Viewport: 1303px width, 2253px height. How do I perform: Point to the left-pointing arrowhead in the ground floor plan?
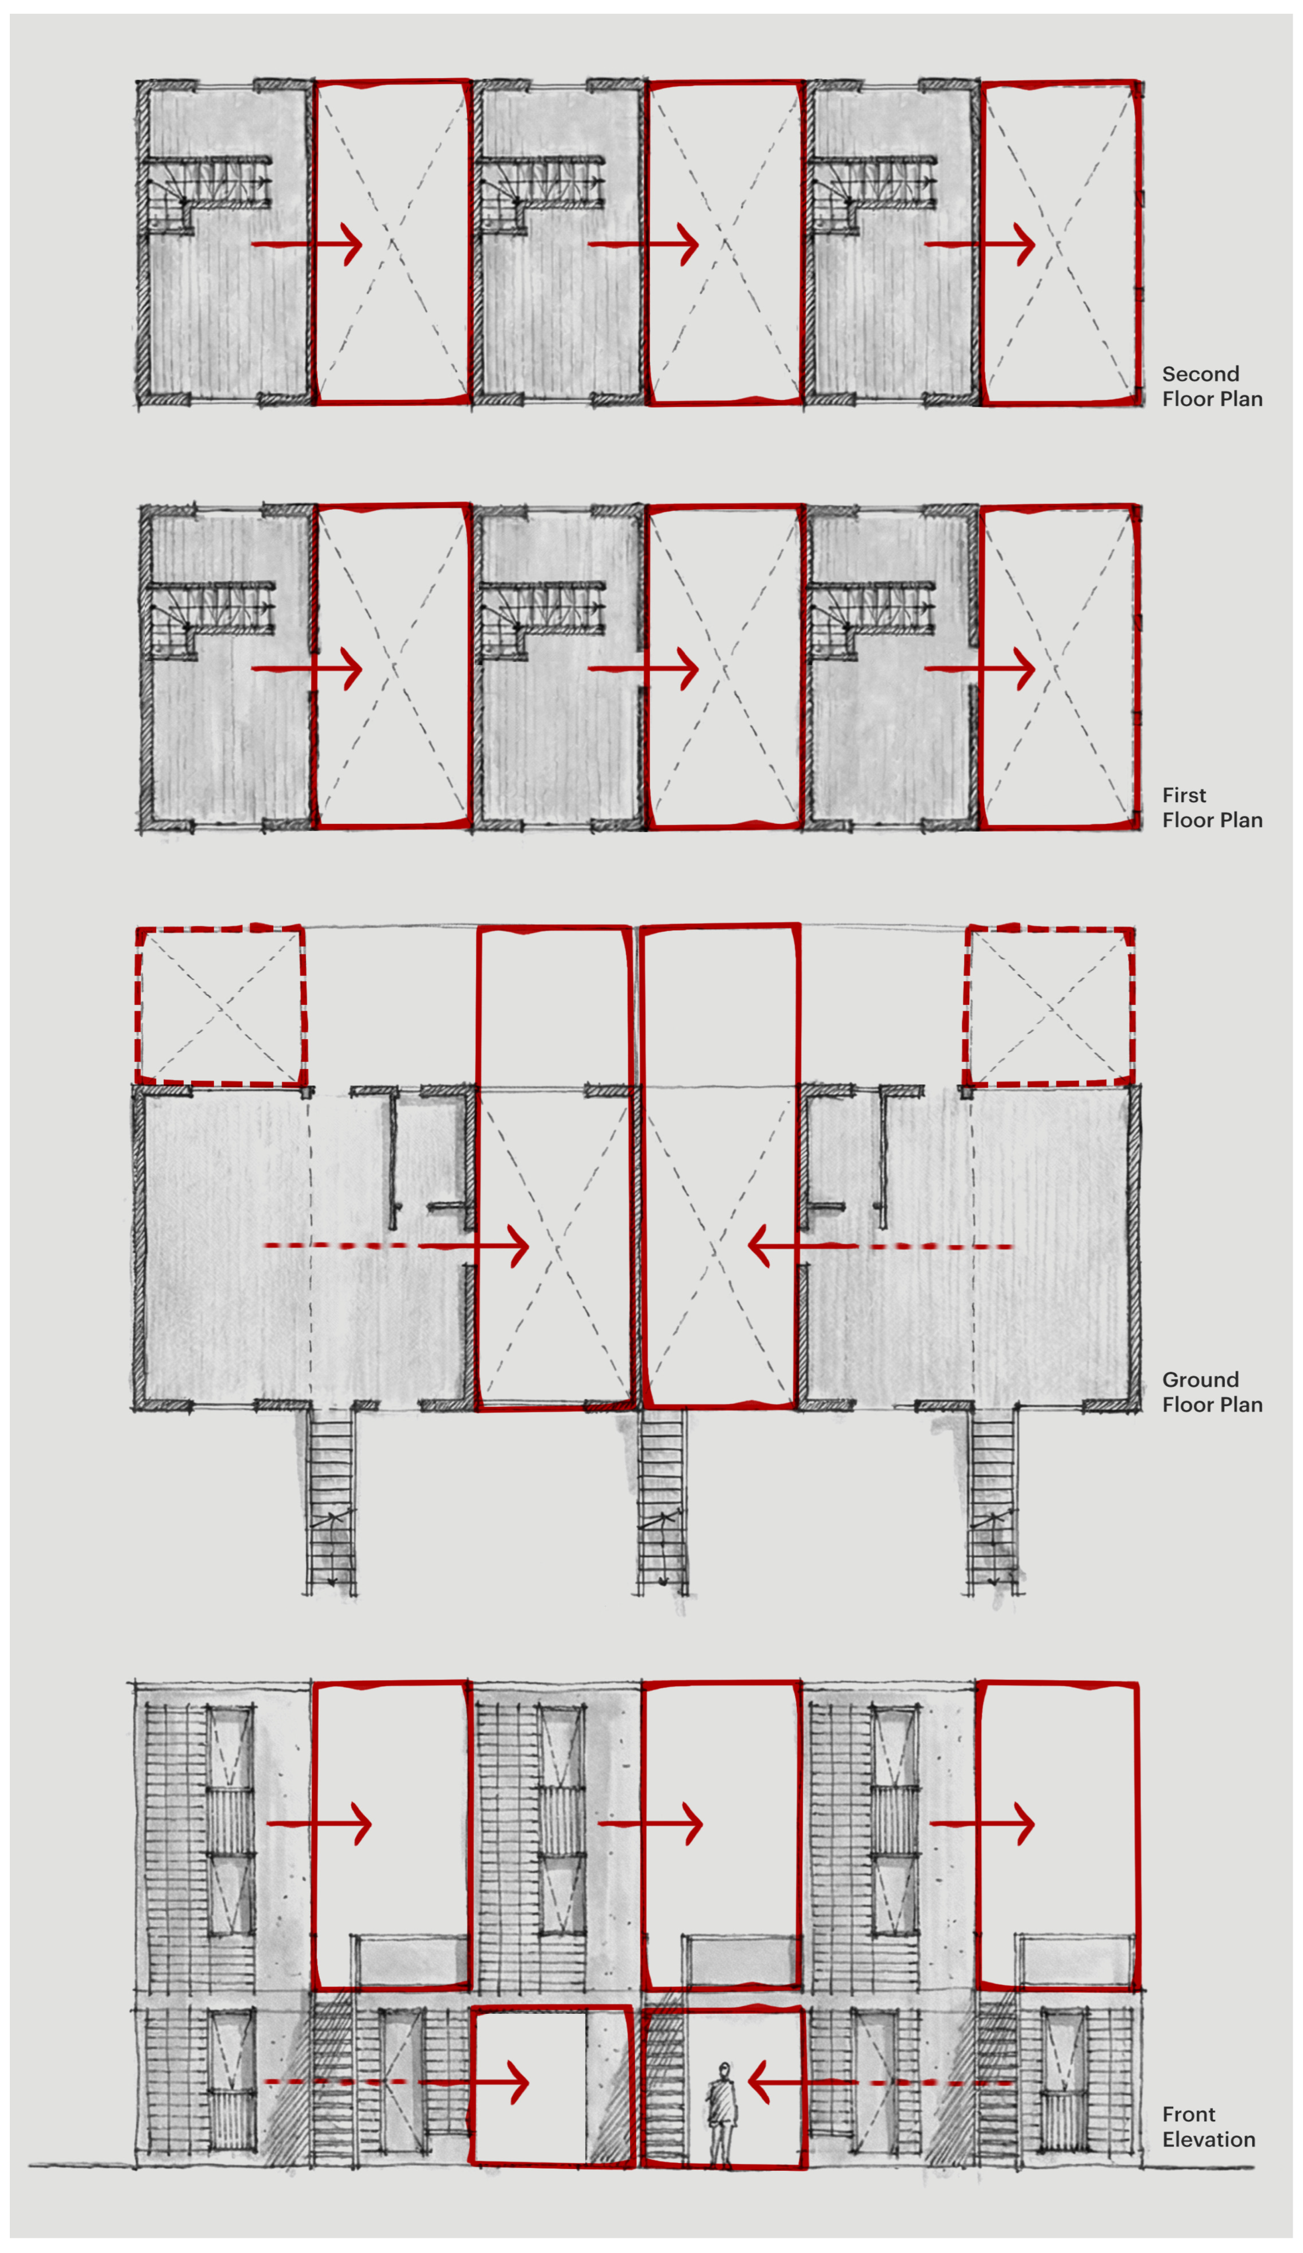(758, 1245)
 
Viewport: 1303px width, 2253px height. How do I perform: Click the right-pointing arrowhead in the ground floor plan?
(519, 1245)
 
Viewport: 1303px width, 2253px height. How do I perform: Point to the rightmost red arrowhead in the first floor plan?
(1025, 669)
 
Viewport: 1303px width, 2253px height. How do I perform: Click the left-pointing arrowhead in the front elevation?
(758, 2082)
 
